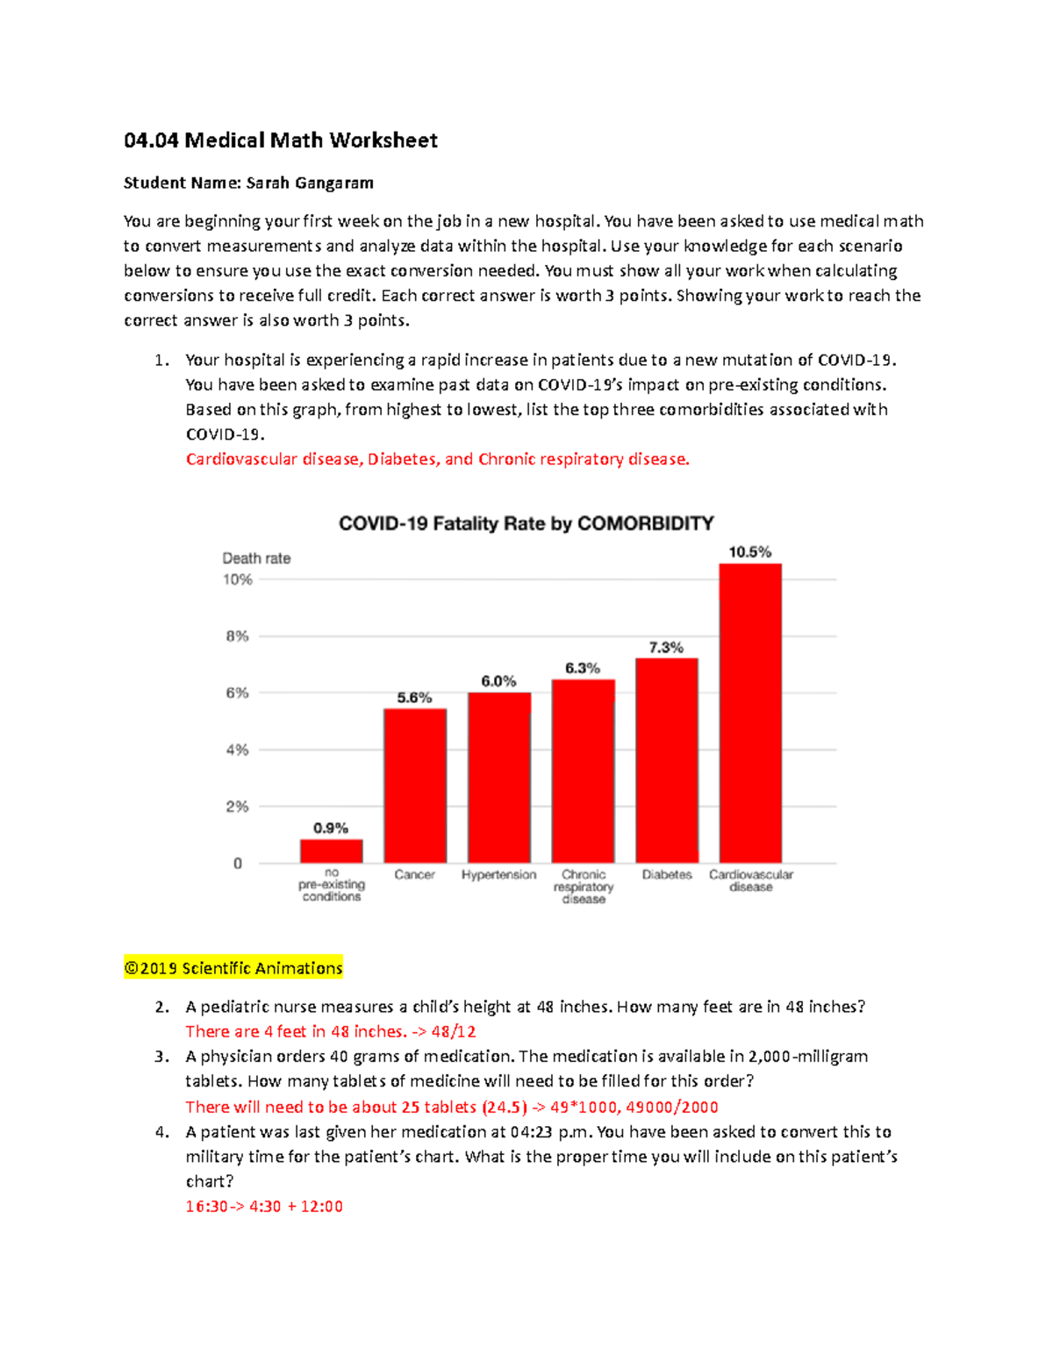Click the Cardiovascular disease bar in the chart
click(750, 713)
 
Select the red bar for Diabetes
click(667, 760)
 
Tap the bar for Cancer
click(415, 786)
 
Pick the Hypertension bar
click(498, 778)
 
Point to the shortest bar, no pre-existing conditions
click(331, 851)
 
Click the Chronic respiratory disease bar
click(583, 771)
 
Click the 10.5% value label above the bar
click(750, 552)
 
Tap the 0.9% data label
click(331, 828)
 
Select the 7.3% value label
click(666, 648)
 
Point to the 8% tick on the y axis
click(238, 636)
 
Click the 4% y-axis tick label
click(238, 750)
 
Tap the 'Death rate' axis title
click(256, 558)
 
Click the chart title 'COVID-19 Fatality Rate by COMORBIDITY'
click(526, 524)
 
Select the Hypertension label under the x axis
click(498, 875)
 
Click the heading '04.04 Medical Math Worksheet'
click(281, 140)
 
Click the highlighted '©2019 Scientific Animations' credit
click(233, 968)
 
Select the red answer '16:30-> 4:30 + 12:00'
click(264, 1207)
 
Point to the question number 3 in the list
click(161, 1057)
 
